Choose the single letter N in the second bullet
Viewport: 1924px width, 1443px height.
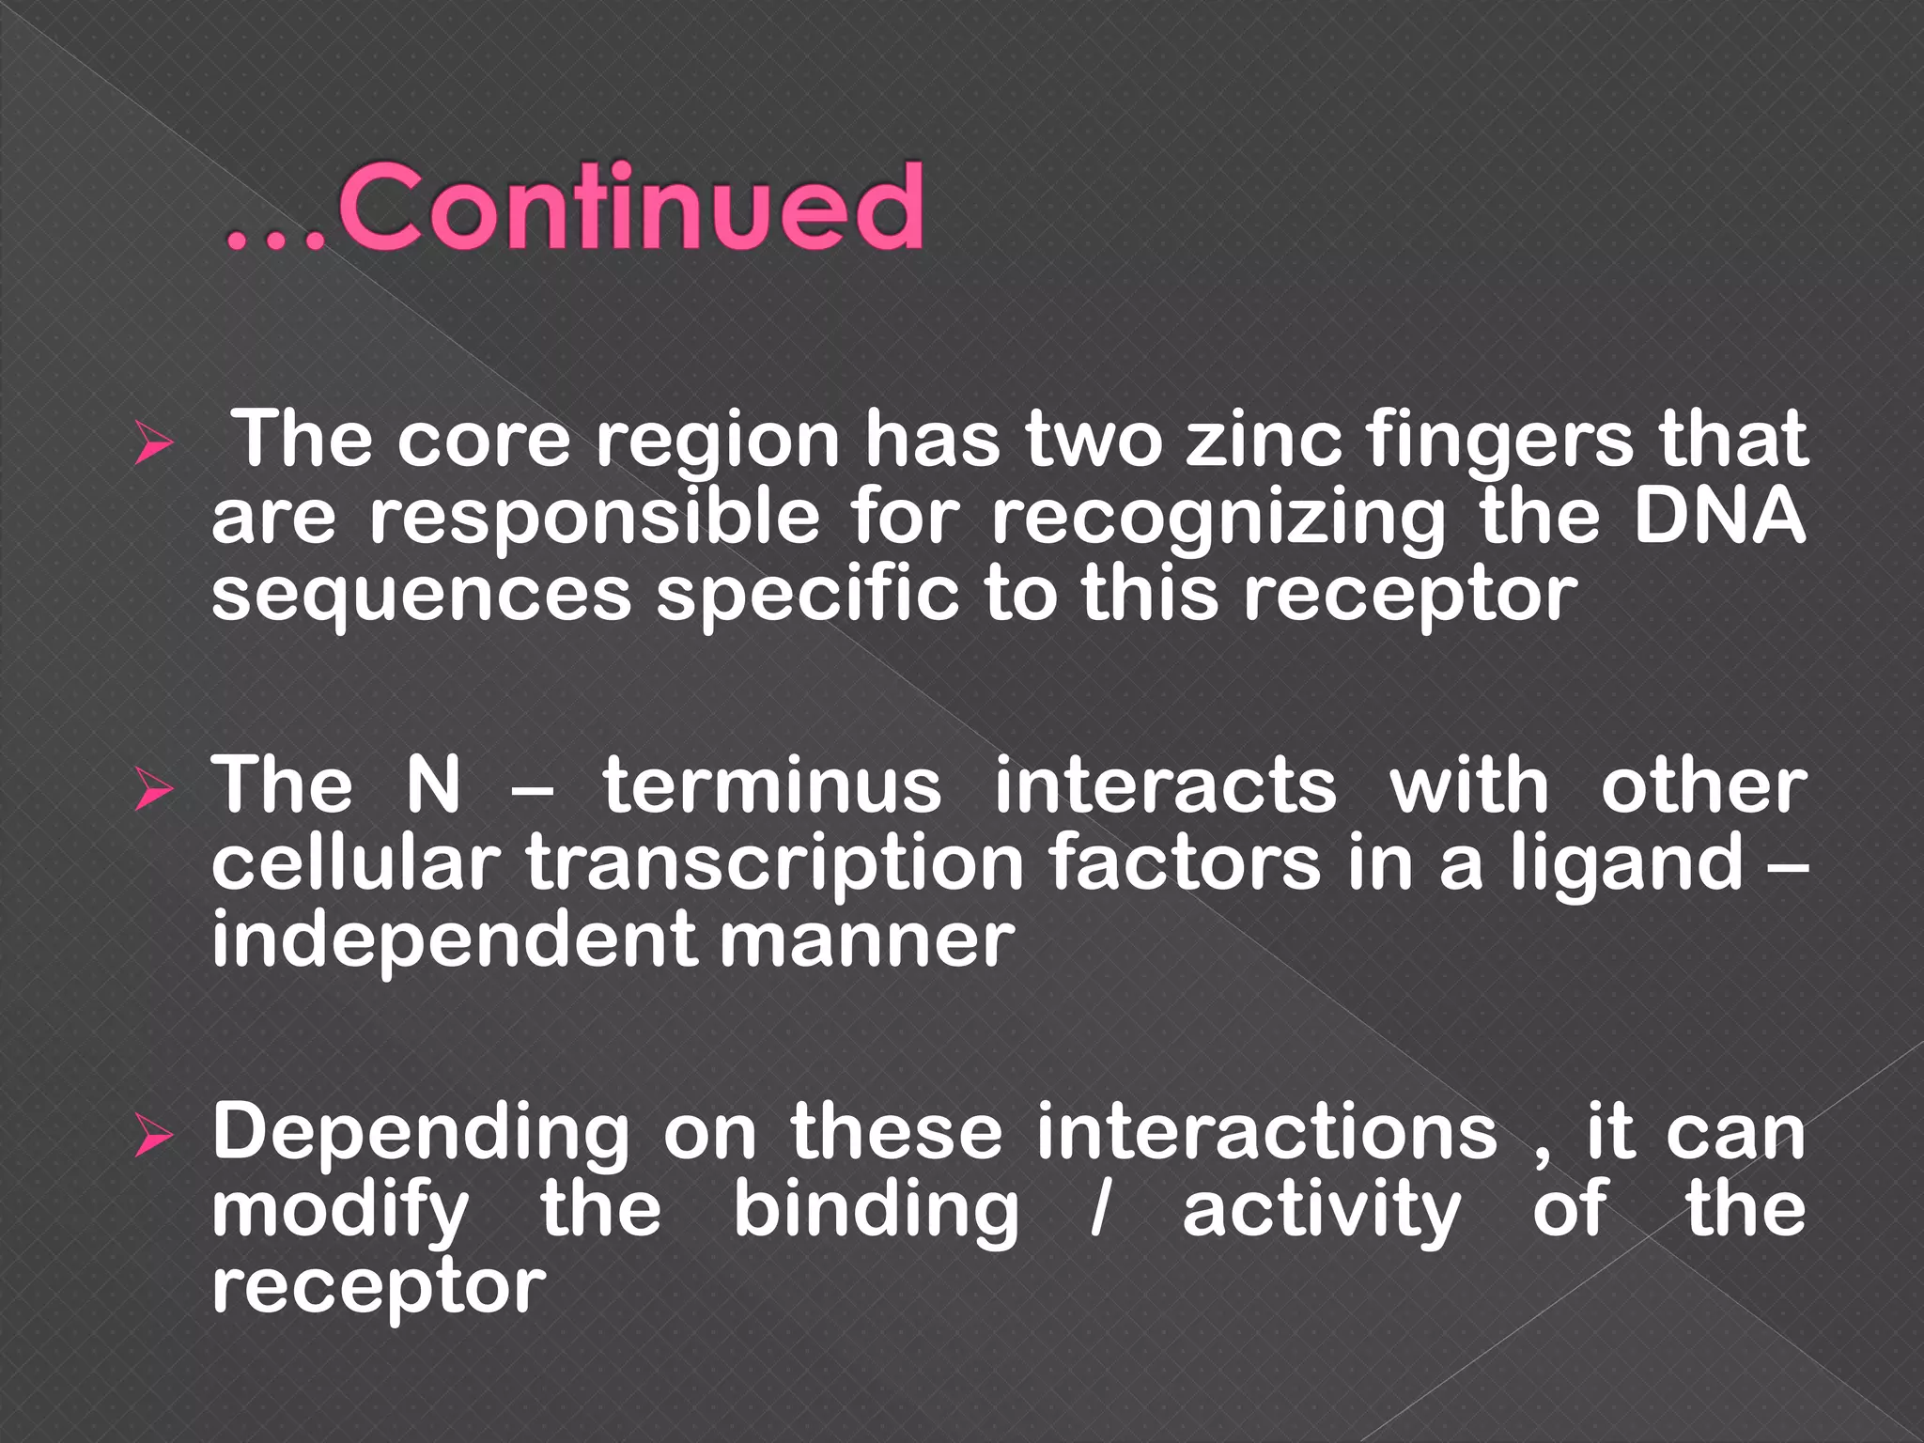click(x=433, y=785)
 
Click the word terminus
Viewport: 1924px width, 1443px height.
click(x=771, y=785)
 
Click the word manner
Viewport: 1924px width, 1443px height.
click(x=867, y=942)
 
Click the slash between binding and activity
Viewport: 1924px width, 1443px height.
click(x=1099, y=1209)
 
